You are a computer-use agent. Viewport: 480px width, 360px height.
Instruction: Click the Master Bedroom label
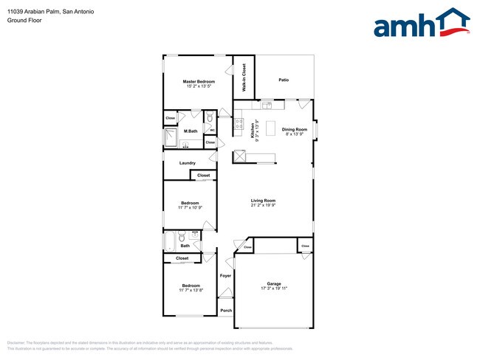199,80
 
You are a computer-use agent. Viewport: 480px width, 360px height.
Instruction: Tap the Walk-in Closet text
244,77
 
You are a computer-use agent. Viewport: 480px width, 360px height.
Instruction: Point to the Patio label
284,80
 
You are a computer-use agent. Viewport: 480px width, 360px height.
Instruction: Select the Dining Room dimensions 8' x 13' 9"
293,135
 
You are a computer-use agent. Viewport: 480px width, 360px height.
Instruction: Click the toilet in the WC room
210,118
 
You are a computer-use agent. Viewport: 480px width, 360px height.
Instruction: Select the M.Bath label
191,131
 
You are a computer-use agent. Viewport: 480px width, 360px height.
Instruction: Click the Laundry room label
187,163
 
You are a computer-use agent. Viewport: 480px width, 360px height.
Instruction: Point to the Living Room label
263,201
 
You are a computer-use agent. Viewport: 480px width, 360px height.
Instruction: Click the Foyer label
225,276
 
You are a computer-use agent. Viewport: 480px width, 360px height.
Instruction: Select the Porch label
226,311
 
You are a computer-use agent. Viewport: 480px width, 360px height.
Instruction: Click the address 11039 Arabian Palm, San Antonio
41,12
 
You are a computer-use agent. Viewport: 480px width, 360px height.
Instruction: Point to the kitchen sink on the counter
240,156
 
